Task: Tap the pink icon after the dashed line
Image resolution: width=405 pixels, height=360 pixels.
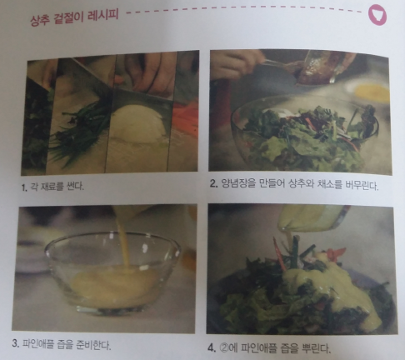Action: [x=377, y=15]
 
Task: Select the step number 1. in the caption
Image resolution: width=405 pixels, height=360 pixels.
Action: [x=24, y=187]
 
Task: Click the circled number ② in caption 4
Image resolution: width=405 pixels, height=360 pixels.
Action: [x=224, y=347]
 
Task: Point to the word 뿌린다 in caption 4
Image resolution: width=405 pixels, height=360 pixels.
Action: [x=316, y=348]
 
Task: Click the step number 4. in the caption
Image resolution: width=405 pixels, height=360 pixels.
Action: [x=212, y=347]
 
